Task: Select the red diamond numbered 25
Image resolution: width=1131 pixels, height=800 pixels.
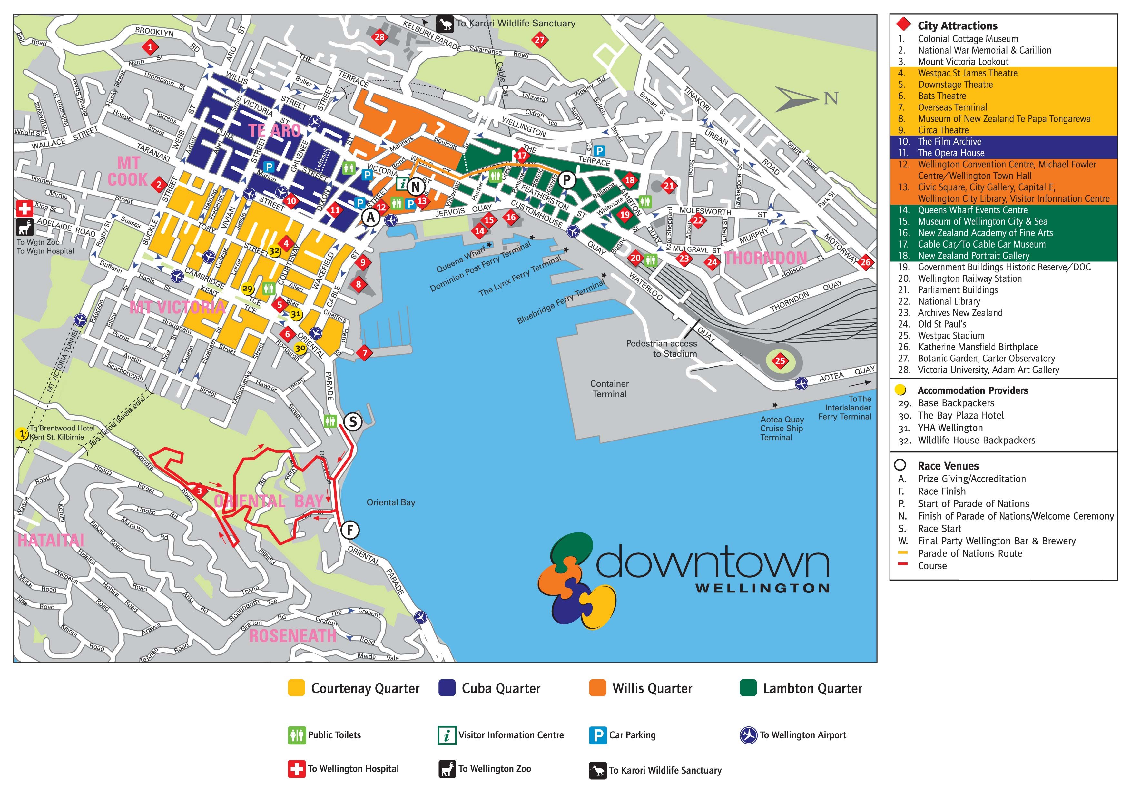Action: [780, 361]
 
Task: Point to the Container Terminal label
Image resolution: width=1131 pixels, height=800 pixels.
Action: [609, 389]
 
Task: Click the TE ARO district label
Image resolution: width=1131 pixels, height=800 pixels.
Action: [274, 131]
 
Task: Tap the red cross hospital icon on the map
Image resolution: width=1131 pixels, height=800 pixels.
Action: [24, 208]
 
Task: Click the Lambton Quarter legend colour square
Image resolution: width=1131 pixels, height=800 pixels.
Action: [748, 688]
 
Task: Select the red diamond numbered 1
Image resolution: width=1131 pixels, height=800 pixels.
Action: [151, 47]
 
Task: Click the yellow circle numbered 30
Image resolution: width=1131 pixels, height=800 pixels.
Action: [300, 349]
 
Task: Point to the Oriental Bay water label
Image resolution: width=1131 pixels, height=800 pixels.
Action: [391, 502]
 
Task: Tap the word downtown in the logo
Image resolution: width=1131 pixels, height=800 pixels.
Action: [713, 562]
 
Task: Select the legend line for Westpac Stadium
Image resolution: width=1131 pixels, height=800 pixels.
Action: [951, 336]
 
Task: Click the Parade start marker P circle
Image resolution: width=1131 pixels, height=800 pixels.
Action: [567, 180]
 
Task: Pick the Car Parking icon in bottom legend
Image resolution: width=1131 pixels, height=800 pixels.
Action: [597, 735]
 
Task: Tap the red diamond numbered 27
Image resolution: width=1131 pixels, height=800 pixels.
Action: [540, 40]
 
